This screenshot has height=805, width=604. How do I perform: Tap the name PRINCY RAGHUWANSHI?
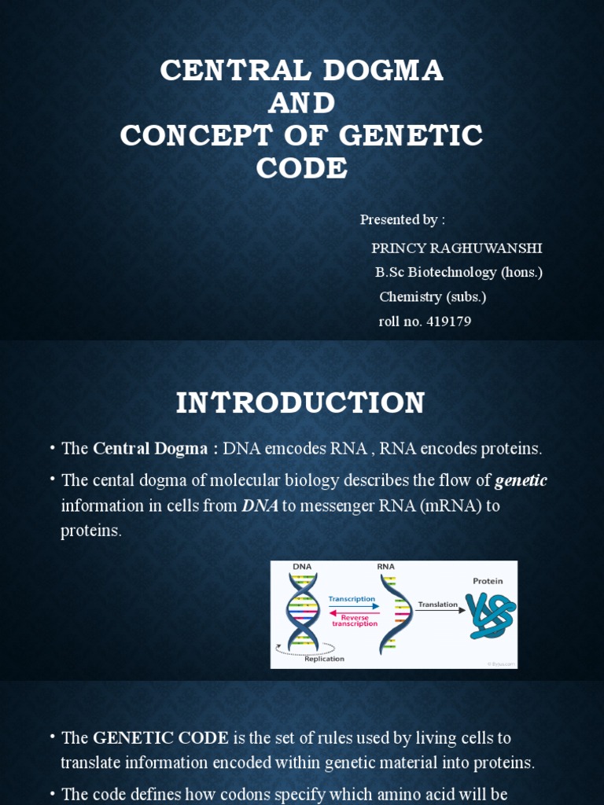(x=457, y=248)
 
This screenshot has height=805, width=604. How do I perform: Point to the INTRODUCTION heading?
(x=300, y=402)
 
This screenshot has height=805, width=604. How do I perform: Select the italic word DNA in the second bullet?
(x=260, y=505)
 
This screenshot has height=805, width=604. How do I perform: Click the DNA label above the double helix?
(x=302, y=566)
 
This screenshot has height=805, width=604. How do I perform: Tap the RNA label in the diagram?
(x=385, y=566)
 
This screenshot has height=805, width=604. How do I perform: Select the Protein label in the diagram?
(x=488, y=581)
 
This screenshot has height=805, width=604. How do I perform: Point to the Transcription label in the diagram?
(x=352, y=599)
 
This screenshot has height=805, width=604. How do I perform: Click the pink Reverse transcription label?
(x=355, y=620)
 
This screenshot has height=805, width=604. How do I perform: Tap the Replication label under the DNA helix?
(x=324, y=659)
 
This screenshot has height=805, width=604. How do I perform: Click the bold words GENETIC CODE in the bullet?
(x=160, y=738)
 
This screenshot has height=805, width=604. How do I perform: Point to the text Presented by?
(x=403, y=219)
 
